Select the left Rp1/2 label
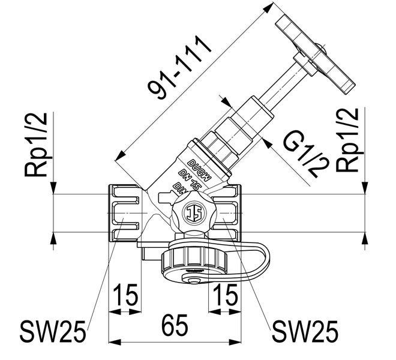coord(37,143)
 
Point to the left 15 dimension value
coord(127,296)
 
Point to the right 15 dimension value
coord(224,296)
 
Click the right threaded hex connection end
coord(229,213)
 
